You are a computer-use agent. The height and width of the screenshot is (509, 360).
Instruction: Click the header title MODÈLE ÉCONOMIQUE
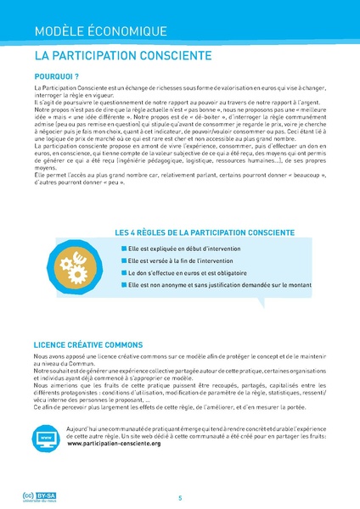pos(100,31)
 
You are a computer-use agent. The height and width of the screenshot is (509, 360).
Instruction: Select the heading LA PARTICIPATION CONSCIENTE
pos(123,57)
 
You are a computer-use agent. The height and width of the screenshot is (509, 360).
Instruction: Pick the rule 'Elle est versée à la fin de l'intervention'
pos(190,260)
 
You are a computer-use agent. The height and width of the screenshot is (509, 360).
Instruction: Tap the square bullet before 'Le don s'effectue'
pos(124,274)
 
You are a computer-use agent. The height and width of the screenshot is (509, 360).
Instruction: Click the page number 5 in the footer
pos(180,497)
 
